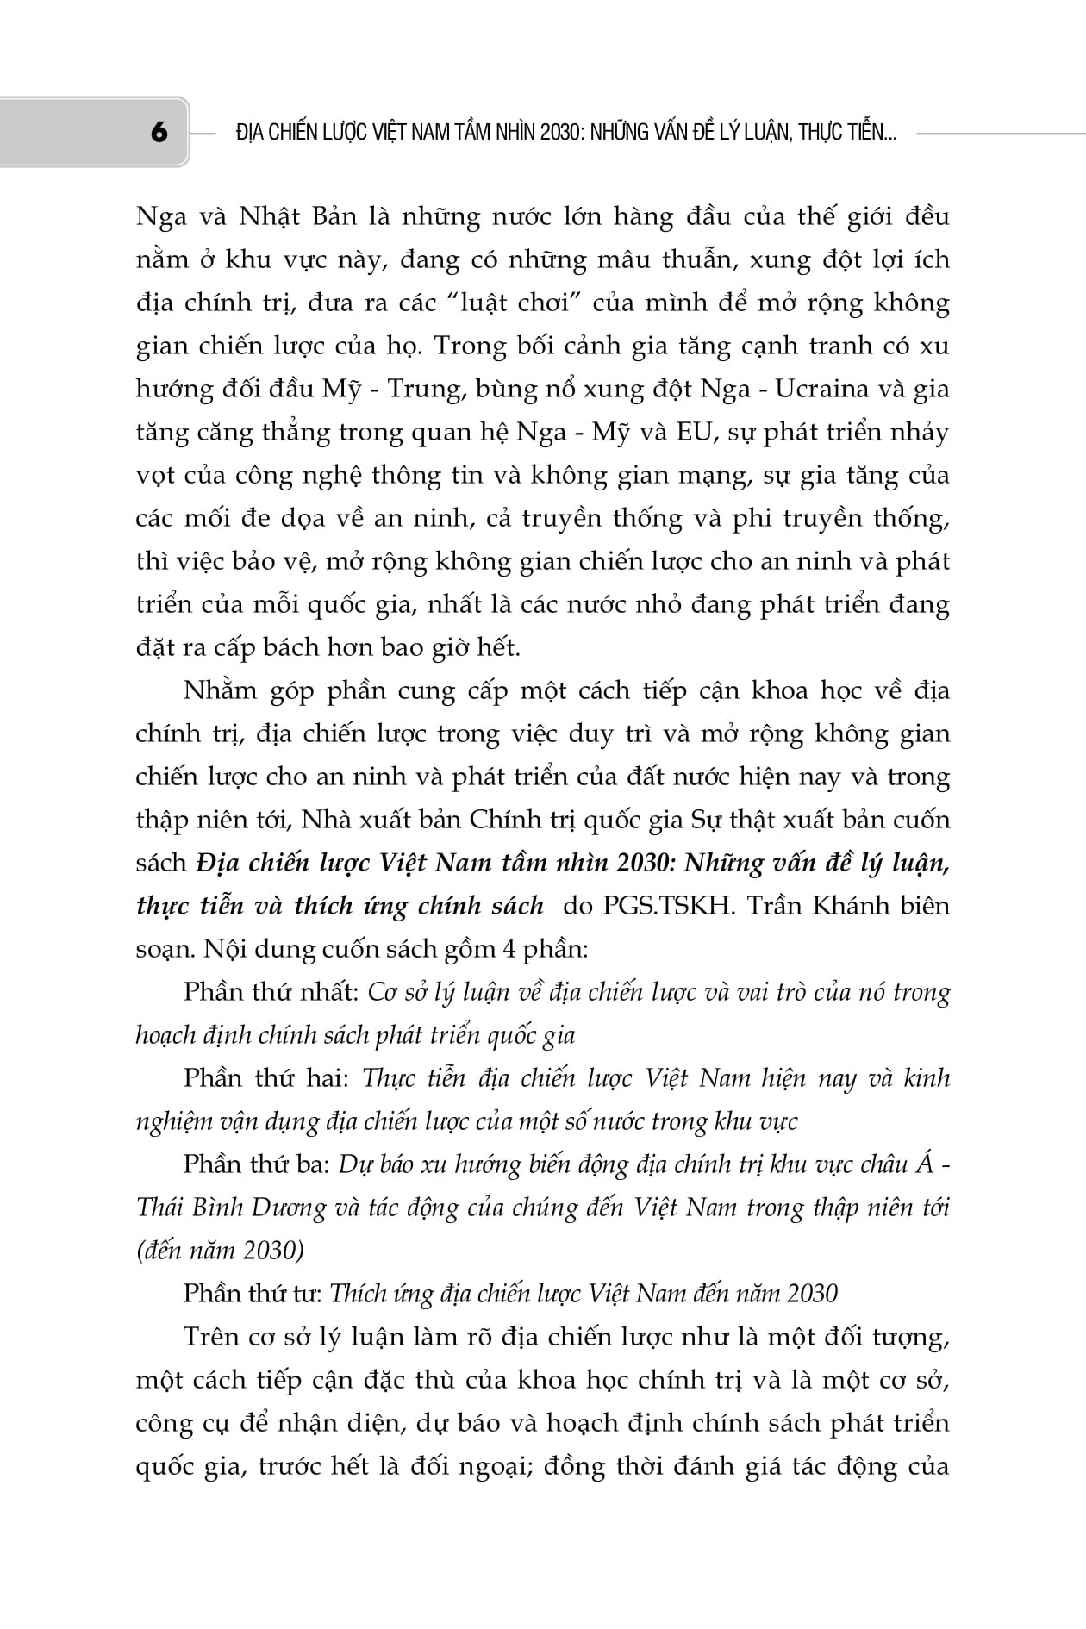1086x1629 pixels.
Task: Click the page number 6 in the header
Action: [159, 133]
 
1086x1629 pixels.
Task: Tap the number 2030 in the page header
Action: [561, 133]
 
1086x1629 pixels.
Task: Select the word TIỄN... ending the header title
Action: [868, 133]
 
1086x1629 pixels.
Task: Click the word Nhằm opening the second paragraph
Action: [220, 690]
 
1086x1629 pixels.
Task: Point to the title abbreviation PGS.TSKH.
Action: [668, 906]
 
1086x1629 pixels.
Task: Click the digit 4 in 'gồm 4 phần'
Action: [509, 949]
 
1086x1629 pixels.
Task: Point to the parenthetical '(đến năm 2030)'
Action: [220, 1251]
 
